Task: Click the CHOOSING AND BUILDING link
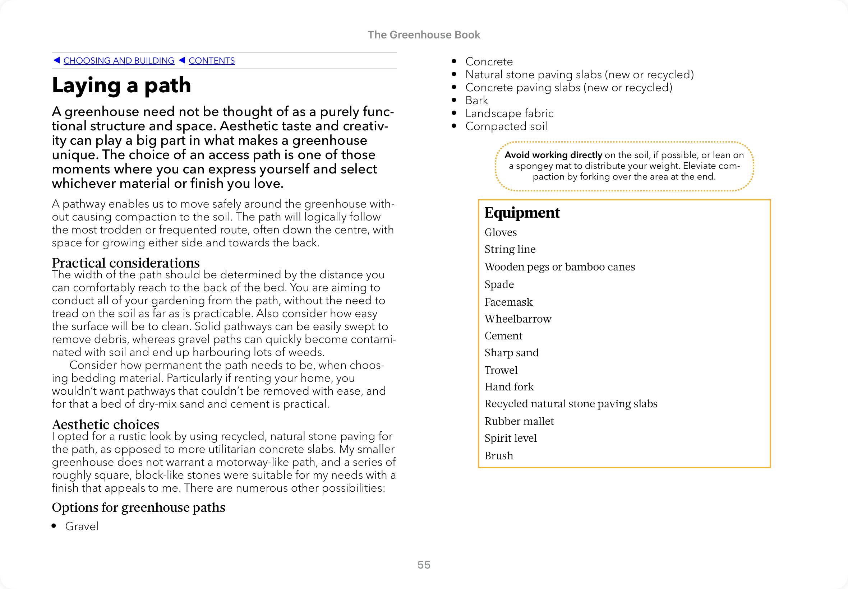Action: pyautogui.click(x=119, y=61)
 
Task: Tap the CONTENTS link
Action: pyautogui.click(x=212, y=61)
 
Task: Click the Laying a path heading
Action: pyautogui.click(x=121, y=85)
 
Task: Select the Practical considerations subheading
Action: pyautogui.click(x=125, y=263)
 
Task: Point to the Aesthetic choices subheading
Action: pyautogui.click(x=105, y=425)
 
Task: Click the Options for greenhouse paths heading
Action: pyautogui.click(x=138, y=507)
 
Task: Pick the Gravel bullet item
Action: pyautogui.click(x=82, y=526)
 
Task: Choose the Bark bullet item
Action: pyautogui.click(x=476, y=100)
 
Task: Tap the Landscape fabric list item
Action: pyautogui.click(x=509, y=113)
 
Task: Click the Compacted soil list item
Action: pyautogui.click(x=506, y=126)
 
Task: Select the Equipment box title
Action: pyautogui.click(x=522, y=213)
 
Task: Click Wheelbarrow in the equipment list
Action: pyautogui.click(x=518, y=319)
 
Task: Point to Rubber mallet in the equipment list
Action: pyautogui.click(x=519, y=421)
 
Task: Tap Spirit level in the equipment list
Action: pyautogui.click(x=511, y=438)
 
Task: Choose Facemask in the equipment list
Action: pyautogui.click(x=508, y=302)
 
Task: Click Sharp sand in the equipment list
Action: pyautogui.click(x=511, y=353)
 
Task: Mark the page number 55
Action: pyautogui.click(x=424, y=565)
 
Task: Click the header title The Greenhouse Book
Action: pyautogui.click(x=424, y=35)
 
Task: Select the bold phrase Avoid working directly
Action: pyautogui.click(x=553, y=155)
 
